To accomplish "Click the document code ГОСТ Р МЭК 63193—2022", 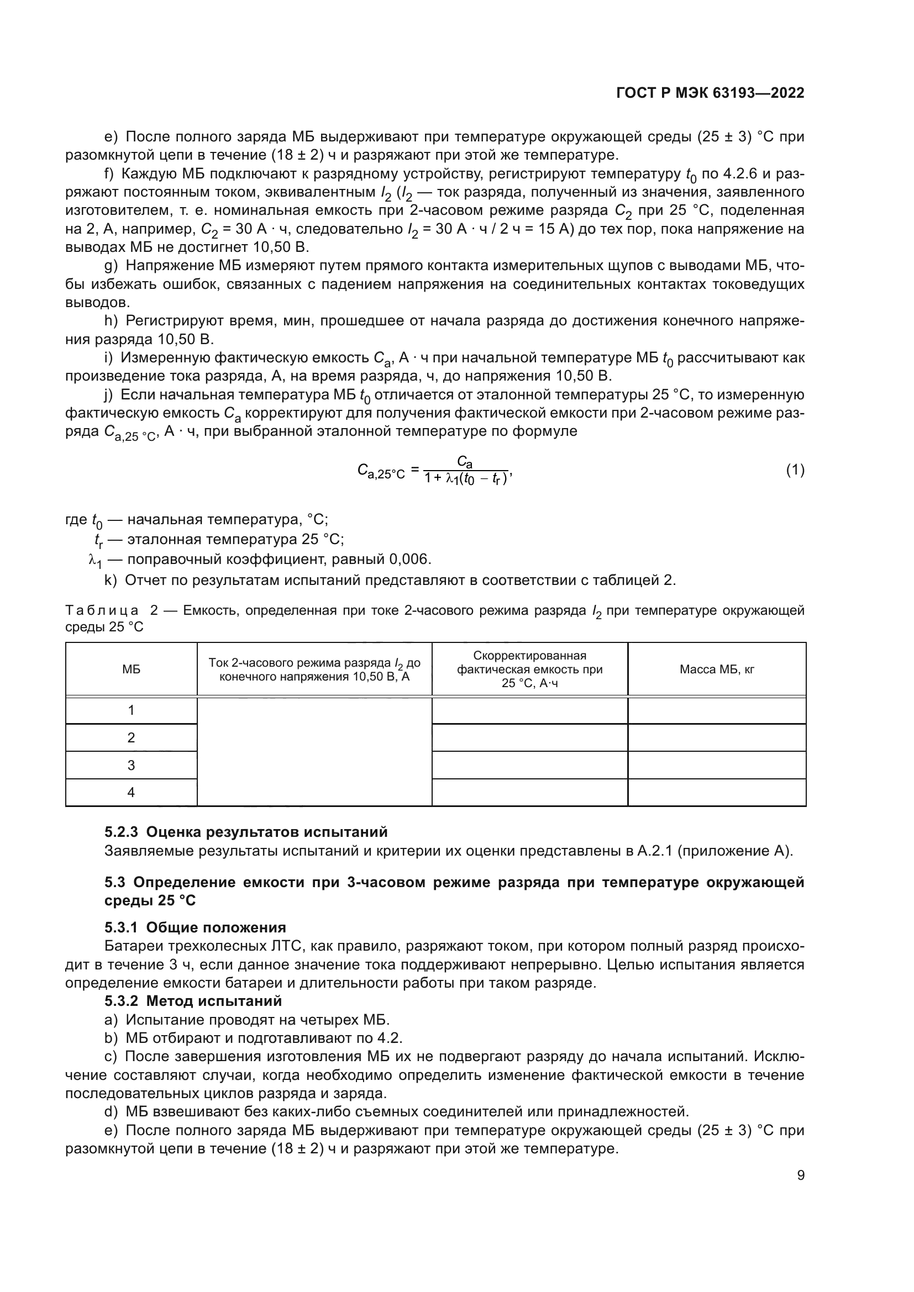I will tap(710, 93).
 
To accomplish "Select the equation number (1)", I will tap(795, 470).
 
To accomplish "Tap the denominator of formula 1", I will tap(466, 479).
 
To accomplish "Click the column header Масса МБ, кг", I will tap(717, 669).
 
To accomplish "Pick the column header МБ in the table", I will tap(131, 669).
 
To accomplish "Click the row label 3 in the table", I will tap(131, 765).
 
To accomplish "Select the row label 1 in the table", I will tap(131, 710).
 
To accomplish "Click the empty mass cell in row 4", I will tap(717, 793).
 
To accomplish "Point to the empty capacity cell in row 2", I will tap(529, 738).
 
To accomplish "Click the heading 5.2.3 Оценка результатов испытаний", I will tap(246, 832).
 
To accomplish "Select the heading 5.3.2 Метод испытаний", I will tap(193, 1001).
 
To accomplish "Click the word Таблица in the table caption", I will tap(102, 610).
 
